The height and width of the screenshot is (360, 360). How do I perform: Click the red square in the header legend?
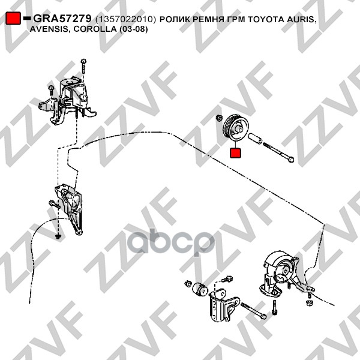tap(13, 18)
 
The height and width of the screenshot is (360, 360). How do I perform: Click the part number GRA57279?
tap(62, 19)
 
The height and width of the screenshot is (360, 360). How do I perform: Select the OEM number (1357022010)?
tap(125, 19)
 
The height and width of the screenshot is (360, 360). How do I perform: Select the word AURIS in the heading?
tap(301, 20)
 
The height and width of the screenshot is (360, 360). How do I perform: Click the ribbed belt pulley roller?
tap(236, 128)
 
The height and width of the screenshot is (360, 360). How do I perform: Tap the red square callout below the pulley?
tap(235, 153)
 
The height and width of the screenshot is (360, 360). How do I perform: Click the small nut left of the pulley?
tap(219, 118)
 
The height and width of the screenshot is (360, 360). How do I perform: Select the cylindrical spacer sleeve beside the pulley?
tap(255, 139)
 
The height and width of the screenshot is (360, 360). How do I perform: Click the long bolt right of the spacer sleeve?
tap(279, 152)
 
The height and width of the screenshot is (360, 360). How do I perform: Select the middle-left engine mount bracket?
tap(69, 208)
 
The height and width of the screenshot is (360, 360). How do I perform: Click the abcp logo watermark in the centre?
tap(171, 243)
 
